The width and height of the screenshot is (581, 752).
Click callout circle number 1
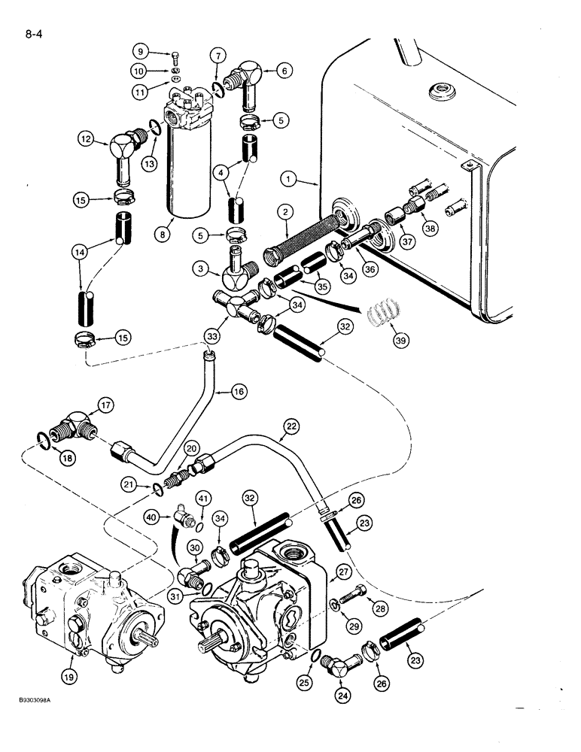point(289,179)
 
